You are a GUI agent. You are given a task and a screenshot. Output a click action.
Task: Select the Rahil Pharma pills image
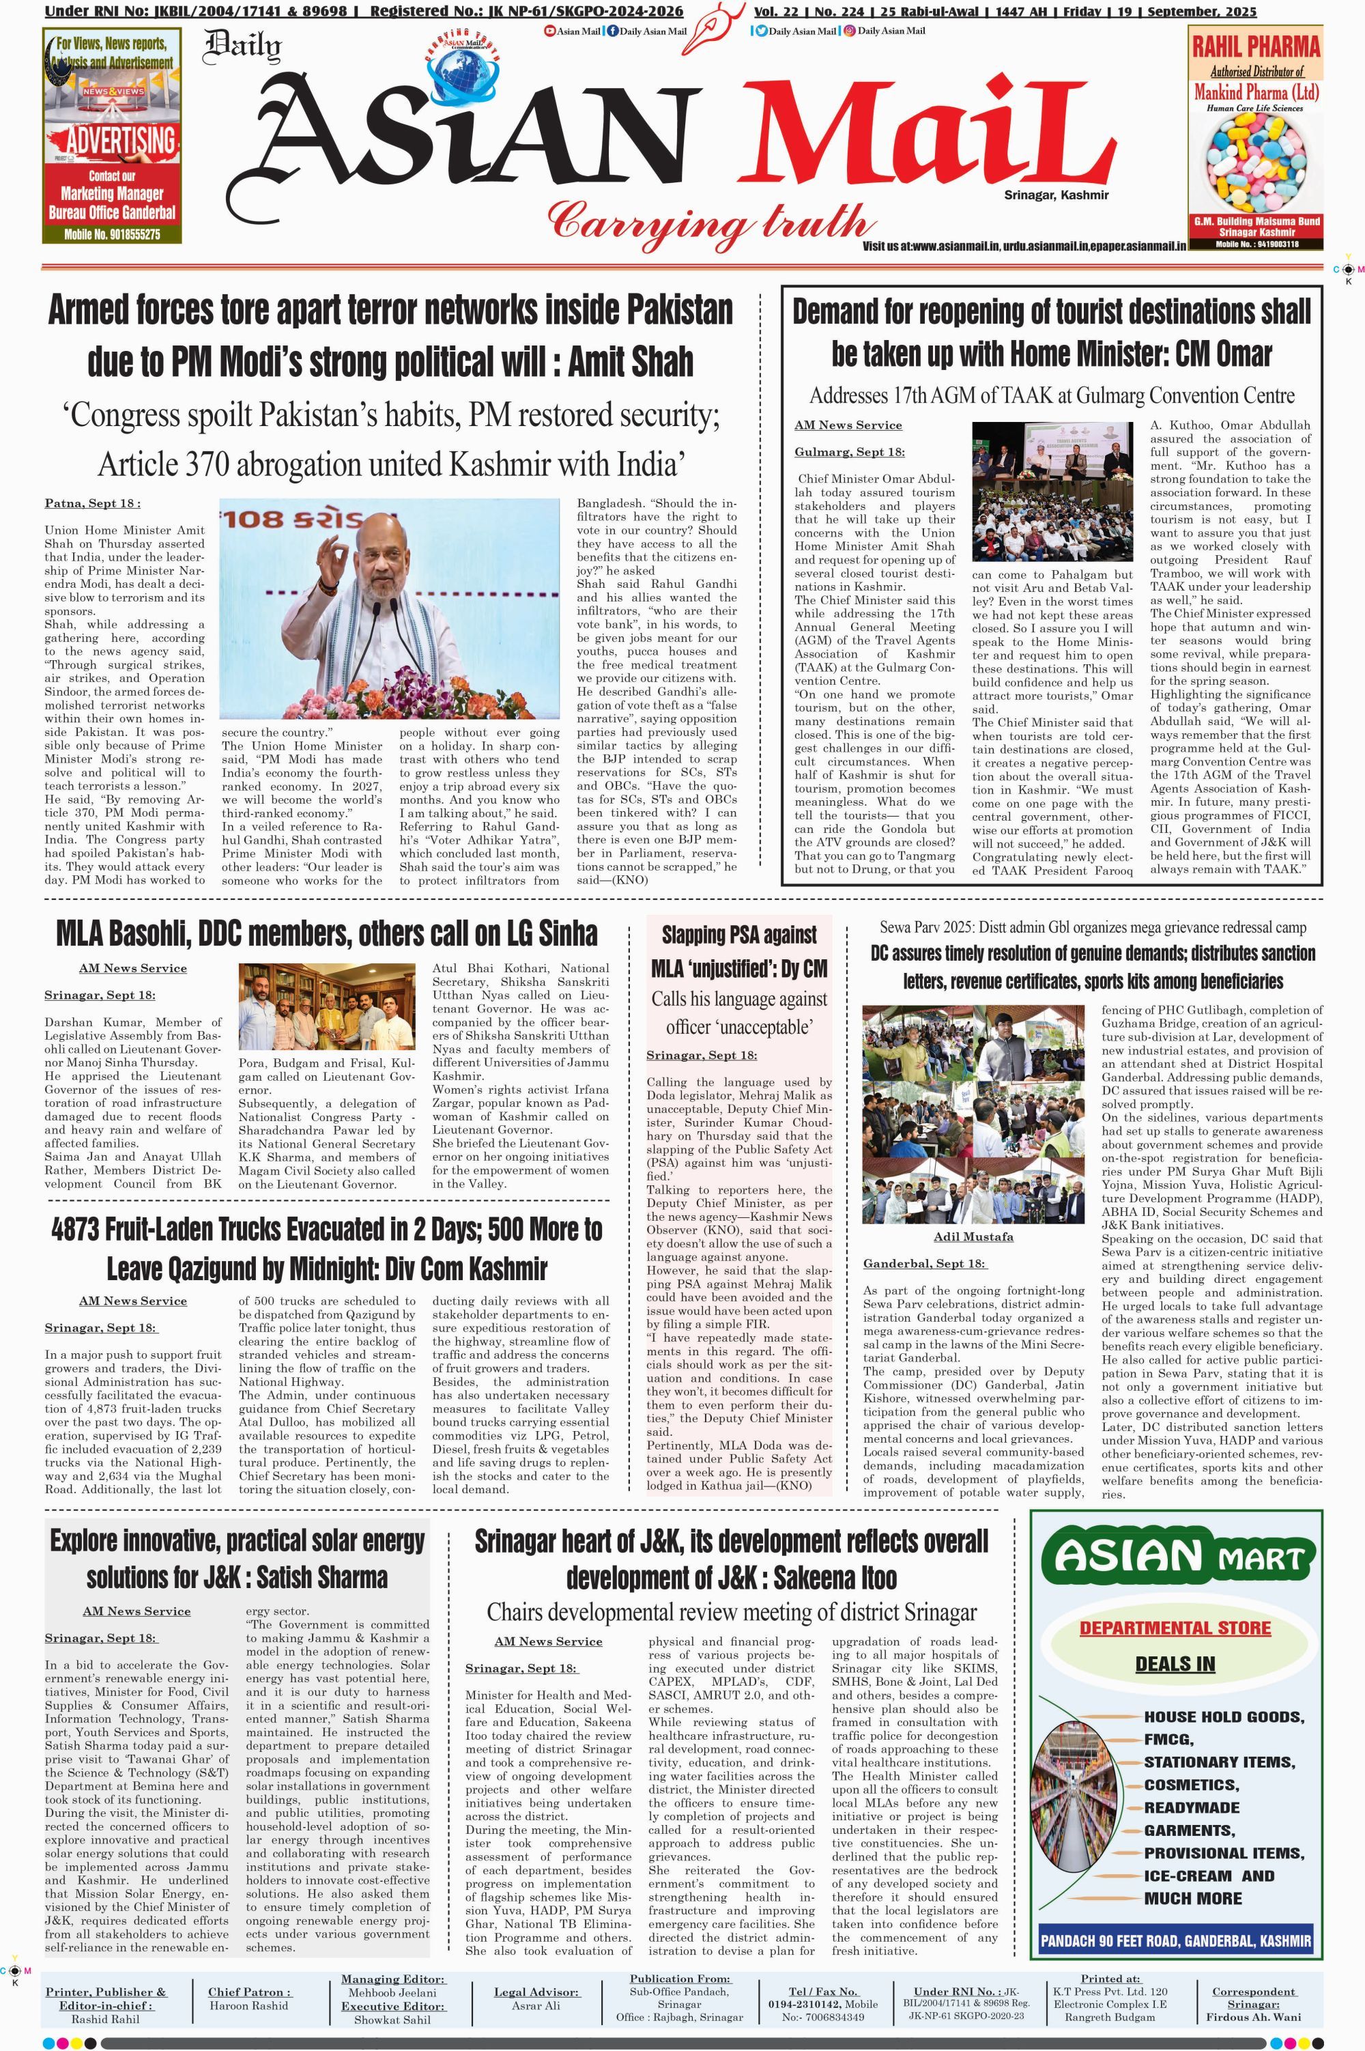(1255, 163)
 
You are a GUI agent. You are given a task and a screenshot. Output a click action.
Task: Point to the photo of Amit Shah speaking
(389, 608)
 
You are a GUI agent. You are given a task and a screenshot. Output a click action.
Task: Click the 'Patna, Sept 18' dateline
(92, 503)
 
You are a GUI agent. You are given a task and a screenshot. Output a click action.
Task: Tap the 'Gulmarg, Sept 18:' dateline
(849, 452)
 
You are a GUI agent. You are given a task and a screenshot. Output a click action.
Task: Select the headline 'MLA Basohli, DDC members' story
(326, 933)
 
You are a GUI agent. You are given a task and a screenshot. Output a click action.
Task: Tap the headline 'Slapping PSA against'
(739, 935)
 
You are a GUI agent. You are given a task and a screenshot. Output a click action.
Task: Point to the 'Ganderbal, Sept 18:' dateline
(923, 1263)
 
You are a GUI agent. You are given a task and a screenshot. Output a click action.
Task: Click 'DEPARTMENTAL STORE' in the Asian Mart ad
(1175, 1628)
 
